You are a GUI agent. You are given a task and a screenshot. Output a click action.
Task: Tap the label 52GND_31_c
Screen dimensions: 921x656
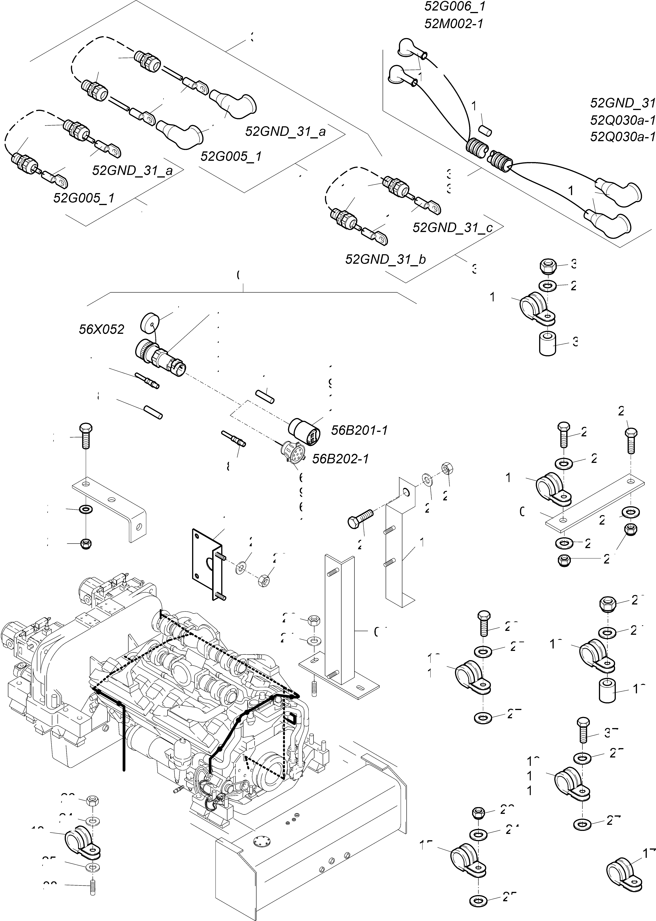(x=452, y=228)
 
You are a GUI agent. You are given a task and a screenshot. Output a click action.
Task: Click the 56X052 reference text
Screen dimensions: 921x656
(x=101, y=329)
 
